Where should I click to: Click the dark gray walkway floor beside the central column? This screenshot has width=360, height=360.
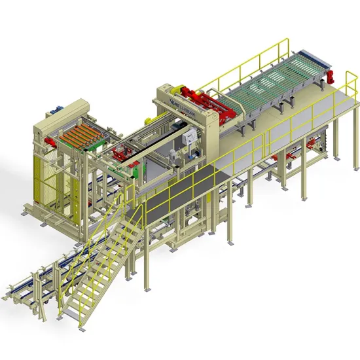[x=177, y=190]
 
